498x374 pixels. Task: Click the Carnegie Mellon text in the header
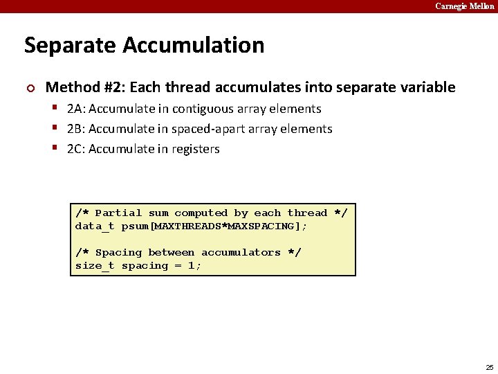coord(464,6)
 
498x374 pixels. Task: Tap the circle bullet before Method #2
coord(29,88)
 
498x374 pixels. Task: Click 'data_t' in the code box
coord(95,226)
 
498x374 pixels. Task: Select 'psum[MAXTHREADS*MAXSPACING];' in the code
coord(214,226)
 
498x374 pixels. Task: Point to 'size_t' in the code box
coord(95,266)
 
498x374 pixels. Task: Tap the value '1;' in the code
coord(194,266)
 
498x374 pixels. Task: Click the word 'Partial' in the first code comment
coord(118,213)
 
